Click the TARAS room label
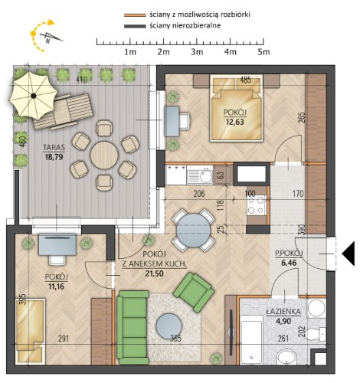click(x=54, y=147)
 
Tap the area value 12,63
click(x=235, y=122)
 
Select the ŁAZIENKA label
click(x=283, y=312)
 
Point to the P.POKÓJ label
click(x=289, y=254)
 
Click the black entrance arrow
click(x=349, y=254)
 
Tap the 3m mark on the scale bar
click(x=197, y=52)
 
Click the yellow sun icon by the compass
click(x=33, y=33)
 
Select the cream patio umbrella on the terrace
click(x=33, y=96)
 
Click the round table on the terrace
click(x=104, y=155)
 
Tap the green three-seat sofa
click(x=133, y=328)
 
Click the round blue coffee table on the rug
click(x=169, y=326)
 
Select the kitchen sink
click(x=200, y=175)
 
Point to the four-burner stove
click(x=256, y=205)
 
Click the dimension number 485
click(x=246, y=80)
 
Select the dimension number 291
click(x=64, y=339)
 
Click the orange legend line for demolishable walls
click(x=135, y=15)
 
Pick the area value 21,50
click(x=154, y=273)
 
